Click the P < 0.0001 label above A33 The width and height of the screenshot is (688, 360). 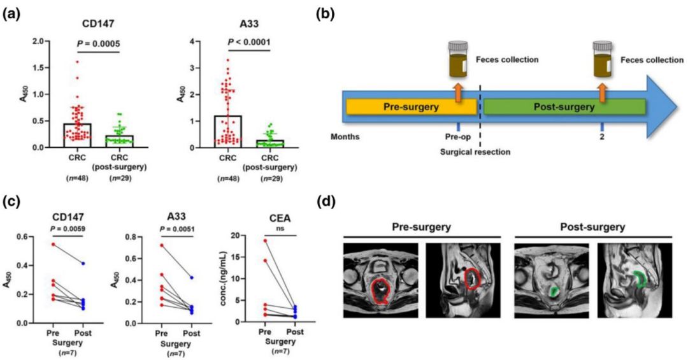tap(248, 43)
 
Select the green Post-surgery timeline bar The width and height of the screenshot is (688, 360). tap(564, 107)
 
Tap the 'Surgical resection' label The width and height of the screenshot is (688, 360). tap(475, 152)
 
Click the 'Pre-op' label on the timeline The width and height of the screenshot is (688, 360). tap(457, 136)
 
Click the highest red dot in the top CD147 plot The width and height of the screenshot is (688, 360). tap(77, 62)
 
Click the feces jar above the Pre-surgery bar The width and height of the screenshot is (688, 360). tap(458, 59)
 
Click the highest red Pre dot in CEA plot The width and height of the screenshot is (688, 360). tap(264, 240)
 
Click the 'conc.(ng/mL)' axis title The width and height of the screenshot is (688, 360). tap(224, 280)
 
